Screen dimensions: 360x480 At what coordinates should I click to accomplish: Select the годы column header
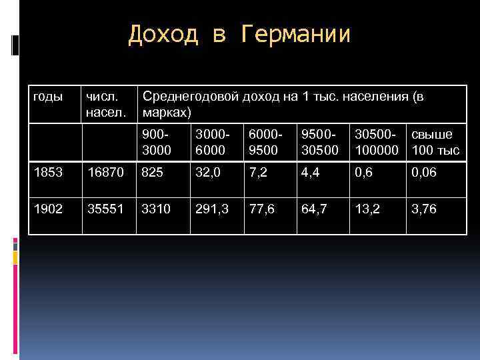(x=47, y=97)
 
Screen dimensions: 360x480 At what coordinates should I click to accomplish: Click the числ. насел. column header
(x=104, y=103)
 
